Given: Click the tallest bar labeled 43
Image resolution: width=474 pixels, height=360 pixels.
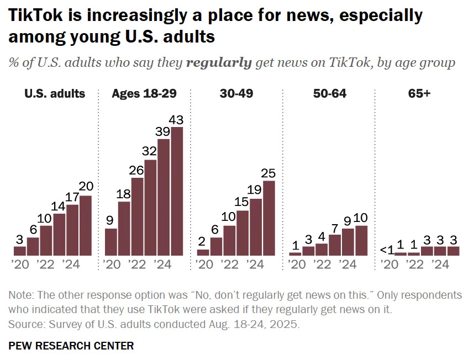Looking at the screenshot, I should [x=177, y=191].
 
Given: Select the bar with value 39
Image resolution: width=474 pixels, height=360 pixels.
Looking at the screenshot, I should [x=164, y=197].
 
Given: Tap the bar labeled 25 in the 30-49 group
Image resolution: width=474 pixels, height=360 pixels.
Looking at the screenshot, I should [x=269, y=218].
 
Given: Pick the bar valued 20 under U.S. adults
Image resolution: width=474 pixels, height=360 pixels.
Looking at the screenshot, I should [x=86, y=225].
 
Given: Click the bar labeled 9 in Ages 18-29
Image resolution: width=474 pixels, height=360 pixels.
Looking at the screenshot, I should [x=110, y=242].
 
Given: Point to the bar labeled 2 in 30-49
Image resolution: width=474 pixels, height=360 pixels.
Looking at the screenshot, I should [x=203, y=252].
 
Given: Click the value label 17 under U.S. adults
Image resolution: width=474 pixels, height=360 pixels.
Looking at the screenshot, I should [x=72, y=197].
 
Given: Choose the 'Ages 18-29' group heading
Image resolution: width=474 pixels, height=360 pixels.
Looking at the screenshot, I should [x=144, y=93].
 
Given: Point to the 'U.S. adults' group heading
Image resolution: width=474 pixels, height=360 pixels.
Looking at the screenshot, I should [x=55, y=93].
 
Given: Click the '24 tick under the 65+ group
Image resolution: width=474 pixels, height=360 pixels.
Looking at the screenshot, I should [x=440, y=264].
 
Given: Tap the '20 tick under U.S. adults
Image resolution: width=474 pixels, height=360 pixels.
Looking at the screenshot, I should [x=19, y=264].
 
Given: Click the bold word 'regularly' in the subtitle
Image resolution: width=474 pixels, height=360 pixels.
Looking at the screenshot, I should [x=219, y=63].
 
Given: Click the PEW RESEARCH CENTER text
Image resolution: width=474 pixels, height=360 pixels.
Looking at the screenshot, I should [x=71, y=346].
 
